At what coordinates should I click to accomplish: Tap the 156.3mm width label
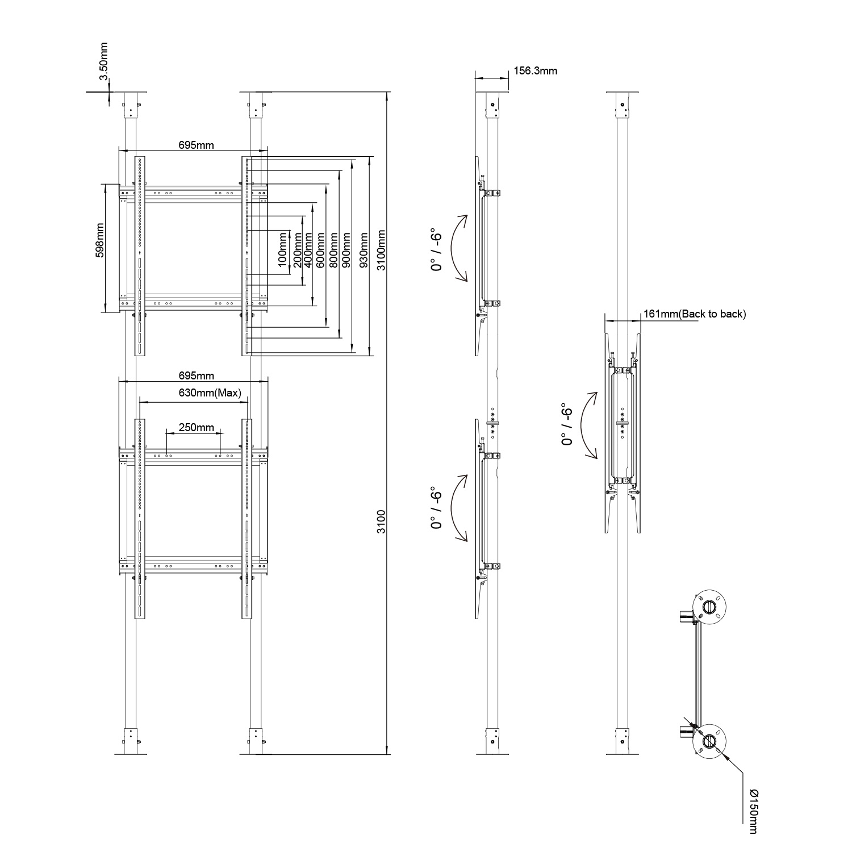(535, 71)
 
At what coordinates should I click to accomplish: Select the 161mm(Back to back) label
(694, 314)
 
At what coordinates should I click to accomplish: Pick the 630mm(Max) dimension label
(210, 392)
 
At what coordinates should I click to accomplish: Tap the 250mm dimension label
(196, 427)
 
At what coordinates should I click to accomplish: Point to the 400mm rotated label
(308, 250)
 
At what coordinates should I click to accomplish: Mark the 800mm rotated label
(333, 250)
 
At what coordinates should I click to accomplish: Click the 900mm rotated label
(346, 250)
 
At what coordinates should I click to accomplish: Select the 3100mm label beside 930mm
(381, 250)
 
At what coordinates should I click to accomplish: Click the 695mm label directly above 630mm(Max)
(196, 376)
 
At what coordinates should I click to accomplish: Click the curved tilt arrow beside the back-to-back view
(588, 425)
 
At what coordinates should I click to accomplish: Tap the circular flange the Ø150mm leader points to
(710, 741)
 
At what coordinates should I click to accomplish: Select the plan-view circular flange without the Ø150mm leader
(710, 607)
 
